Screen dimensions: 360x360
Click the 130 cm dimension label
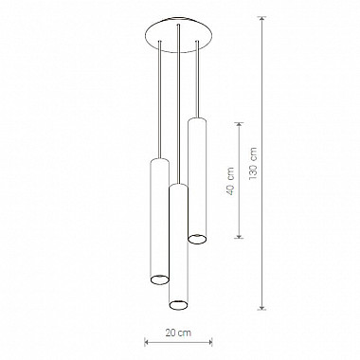[x=254, y=164]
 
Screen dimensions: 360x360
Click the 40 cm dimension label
[x=231, y=181]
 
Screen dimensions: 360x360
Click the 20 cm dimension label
[x=178, y=333]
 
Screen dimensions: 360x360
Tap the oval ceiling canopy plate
[x=179, y=33]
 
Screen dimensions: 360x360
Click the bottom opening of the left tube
[x=159, y=279]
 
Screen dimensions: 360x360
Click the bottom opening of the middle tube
[x=179, y=305]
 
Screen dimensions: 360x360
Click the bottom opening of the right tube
[x=197, y=239]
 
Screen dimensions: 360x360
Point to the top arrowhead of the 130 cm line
[x=261, y=19]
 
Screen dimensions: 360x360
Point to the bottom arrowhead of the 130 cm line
[x=261, y=306]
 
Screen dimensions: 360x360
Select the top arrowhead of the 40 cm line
[x=240, y=125]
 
